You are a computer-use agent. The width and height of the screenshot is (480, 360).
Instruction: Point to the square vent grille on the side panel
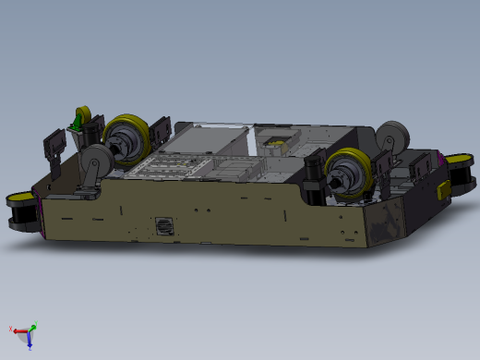(x=164, y=226)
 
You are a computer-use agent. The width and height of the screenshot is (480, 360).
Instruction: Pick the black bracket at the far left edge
(x=54, y=148)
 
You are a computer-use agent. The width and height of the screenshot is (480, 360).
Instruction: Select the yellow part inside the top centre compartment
(x=275, y=142)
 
